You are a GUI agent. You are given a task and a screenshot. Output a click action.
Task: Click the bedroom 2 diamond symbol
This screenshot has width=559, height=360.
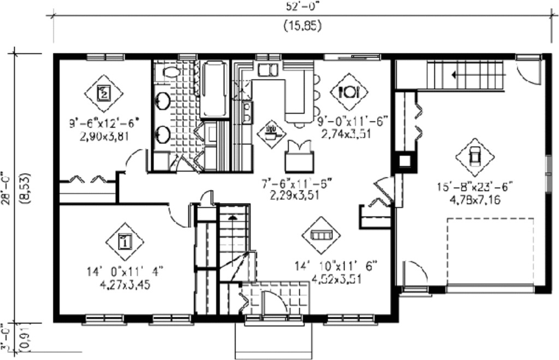(x=104, y=93)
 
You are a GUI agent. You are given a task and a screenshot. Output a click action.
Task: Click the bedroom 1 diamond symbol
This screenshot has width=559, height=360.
(x=124, y=240)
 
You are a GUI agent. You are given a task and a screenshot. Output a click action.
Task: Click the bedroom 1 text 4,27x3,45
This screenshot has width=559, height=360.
(x=125, y=285)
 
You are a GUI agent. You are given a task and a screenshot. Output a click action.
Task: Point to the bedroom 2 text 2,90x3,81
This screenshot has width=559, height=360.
(x=104, y=135)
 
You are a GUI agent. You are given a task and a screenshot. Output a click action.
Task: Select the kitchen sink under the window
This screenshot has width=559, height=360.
(x=267, y=70)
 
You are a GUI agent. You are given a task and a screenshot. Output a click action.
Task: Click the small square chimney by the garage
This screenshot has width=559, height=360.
(x=405, y=161)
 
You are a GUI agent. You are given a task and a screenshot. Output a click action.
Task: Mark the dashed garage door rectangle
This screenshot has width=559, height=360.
(x=490, y=251)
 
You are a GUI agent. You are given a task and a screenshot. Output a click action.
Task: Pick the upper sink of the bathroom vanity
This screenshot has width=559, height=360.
(x=163, y=100)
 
